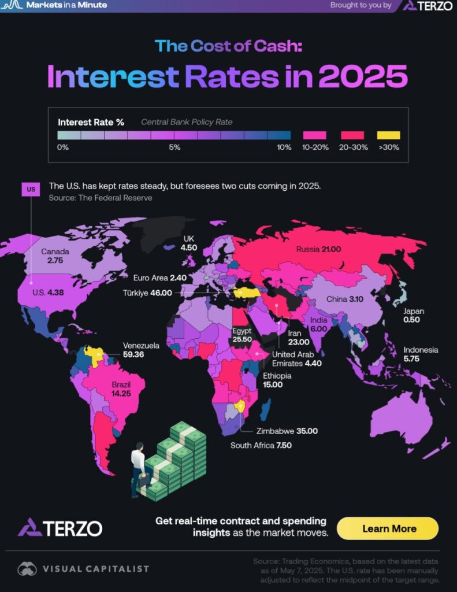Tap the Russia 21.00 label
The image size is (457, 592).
[319, 250]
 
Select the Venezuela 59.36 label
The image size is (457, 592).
[141, 350]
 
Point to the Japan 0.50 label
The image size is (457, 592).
[414, 316]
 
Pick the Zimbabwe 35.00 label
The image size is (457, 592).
[287, 431]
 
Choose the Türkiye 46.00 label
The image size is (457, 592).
[147, 293]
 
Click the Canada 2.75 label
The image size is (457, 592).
[55, 257]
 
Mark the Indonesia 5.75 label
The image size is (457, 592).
[421, 354]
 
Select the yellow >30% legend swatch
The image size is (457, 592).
[388, 135]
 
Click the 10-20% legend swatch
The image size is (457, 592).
[315, 135]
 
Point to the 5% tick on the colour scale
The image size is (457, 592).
[174, 147]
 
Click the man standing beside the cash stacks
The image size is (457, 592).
[138, 468]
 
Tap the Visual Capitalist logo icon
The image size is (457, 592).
[27, 569]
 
